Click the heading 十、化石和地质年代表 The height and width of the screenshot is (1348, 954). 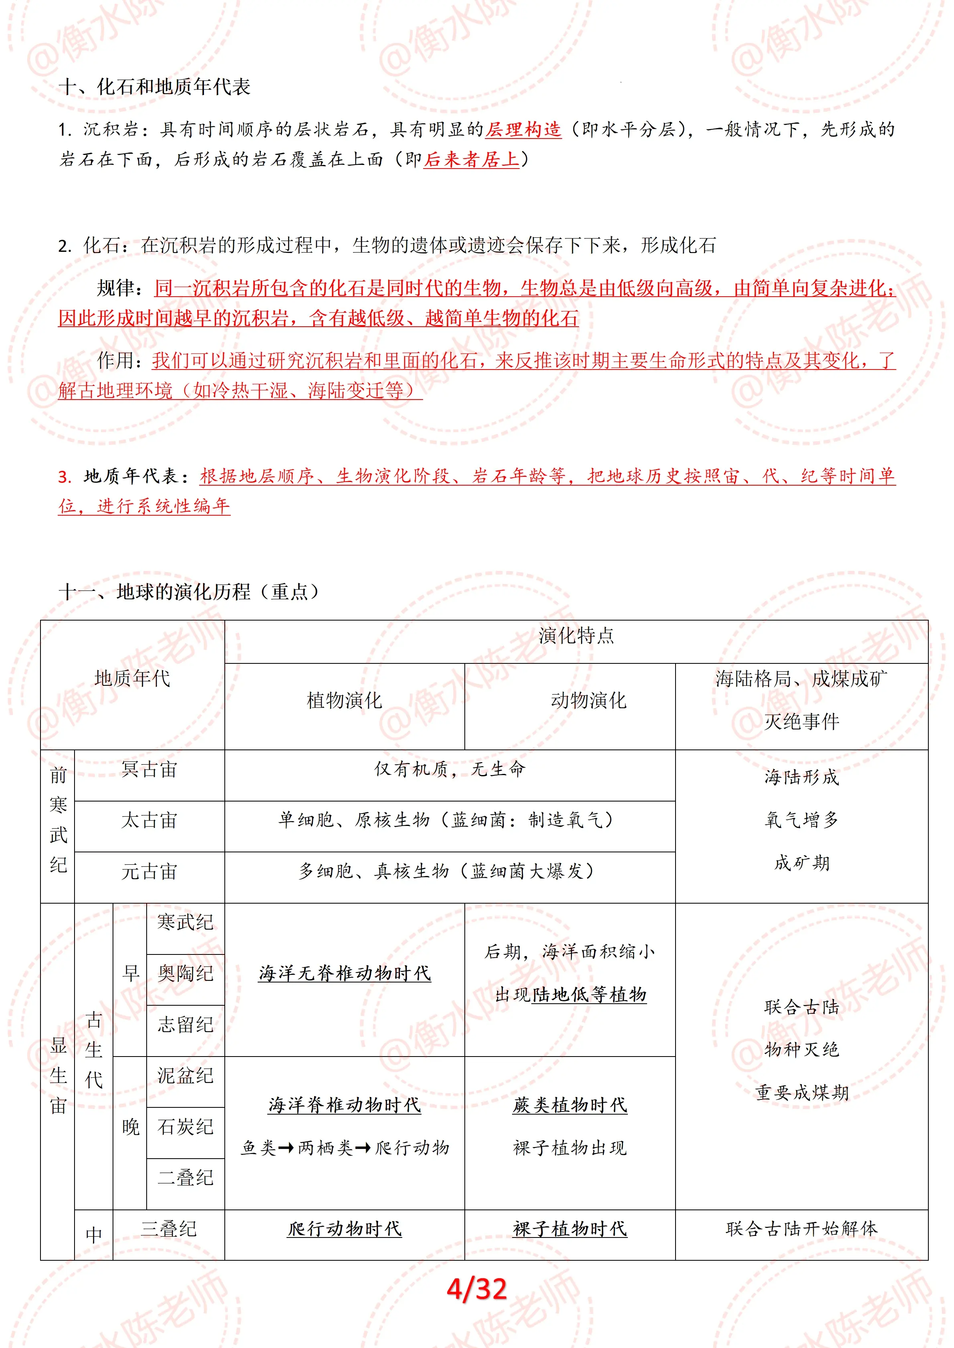pyautogui.click(x=155, y=87)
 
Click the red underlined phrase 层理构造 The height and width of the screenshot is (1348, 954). pyautogui.click(x=523, y=130)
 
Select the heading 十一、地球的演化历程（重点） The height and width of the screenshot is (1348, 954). pyautogui.click(x=189, y=591)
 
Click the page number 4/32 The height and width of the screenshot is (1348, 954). pyautogui.click(x=476, y=1289)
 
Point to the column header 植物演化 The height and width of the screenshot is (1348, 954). pyautogui.click(x=344, y=700)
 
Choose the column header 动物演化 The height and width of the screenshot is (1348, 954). pyautogui.click(x=589, y=700)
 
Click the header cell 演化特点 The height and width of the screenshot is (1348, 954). pyautogui.click(x=576, y=636)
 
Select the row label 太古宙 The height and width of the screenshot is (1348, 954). pyautogui.click(x=149, y=821)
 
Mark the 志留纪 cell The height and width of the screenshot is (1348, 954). pyautogui.click(x=185, y=1025)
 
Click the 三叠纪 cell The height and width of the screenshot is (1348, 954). pyautogui.click(x=169, y=1229)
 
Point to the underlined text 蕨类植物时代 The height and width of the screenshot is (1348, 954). pyautogui.click(x=570, y=1105)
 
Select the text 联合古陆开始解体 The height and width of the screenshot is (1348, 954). pyautogui.click(x=801, y=1229)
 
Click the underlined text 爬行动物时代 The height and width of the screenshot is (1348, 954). pyautogui.click(x=344, y=1229)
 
